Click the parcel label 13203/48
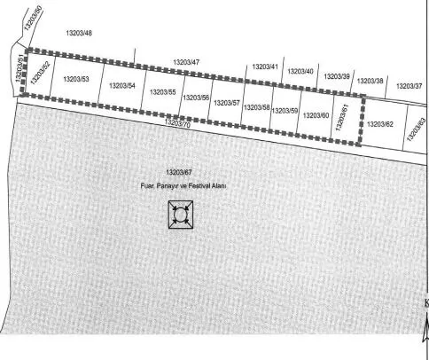[79, 33]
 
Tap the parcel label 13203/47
[186, 62]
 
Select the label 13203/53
[76, 79]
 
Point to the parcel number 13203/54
[122, 86]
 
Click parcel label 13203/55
[163, 92]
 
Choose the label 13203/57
[227, 103]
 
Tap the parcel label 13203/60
[316, 115]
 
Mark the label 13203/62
[380, 124]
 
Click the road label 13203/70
[177, 123]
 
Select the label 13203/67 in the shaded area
[179, 172]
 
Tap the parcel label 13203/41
[265, 67]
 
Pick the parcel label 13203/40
[300, 72]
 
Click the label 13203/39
[337, 76]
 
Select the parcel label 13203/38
[370, 81]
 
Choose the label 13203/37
[409, 86]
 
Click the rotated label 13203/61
[342, 117]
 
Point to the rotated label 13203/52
[41, 73]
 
